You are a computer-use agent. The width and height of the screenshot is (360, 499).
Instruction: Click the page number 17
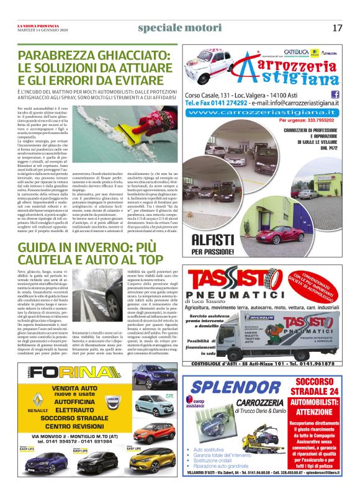[x=337, y=28]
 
